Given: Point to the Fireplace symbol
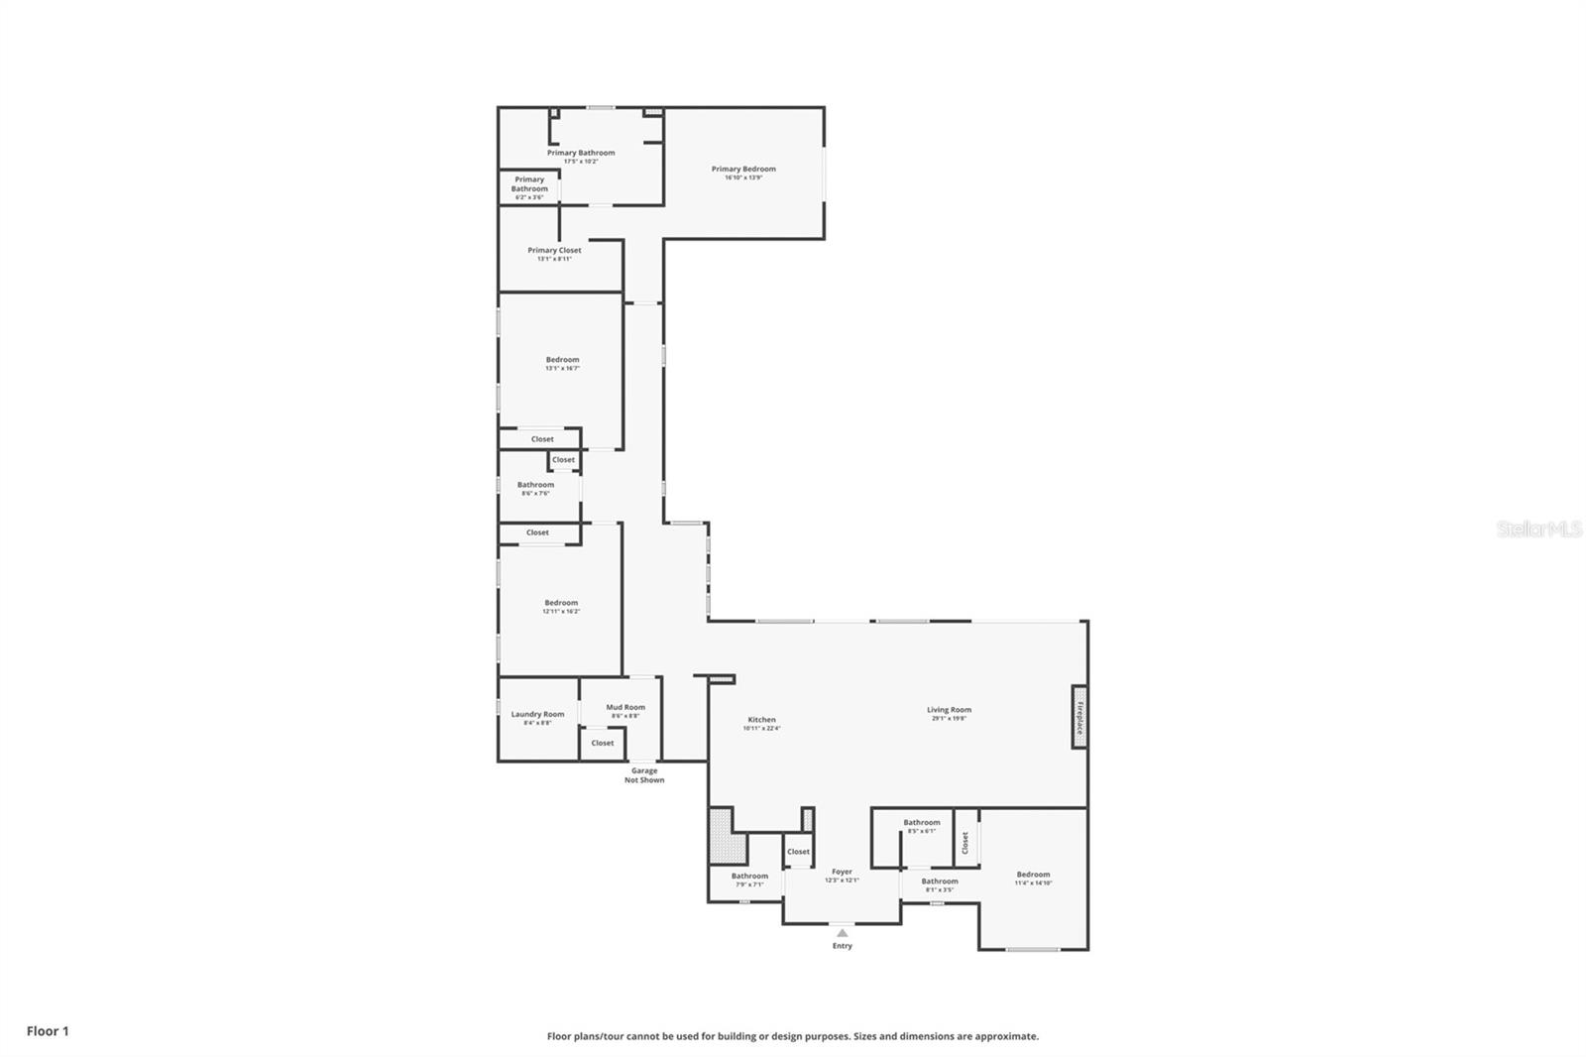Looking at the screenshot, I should pyautogui.click(x=1079, y=716).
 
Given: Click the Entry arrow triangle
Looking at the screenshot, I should pyautogui.click(x=842, y=932).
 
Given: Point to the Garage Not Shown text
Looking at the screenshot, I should pyautogui.click(x=644, y=774).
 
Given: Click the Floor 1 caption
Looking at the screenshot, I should pyautogui.click(x=48, y=1031).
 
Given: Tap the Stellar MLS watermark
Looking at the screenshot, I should pyautogui.click(x=1538, y=529).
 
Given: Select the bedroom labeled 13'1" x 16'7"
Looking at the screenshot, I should pyautogui.click(x=562, y=363).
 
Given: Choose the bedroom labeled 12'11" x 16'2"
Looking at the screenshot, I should pyautogui.click(x=561, y=606).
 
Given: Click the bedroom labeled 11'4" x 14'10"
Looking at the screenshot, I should pyautogui.click(x=1033, y=878).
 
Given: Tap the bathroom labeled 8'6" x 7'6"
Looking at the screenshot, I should pyautogui.click(x=535, y=488).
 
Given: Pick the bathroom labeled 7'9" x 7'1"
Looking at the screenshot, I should pyautogui.click(x=749, y=879).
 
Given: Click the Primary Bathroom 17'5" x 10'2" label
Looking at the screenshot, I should pyautogui.click(x=581, y=156).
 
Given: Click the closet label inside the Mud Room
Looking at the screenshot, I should pyautogui.click(x=603, y=743).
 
